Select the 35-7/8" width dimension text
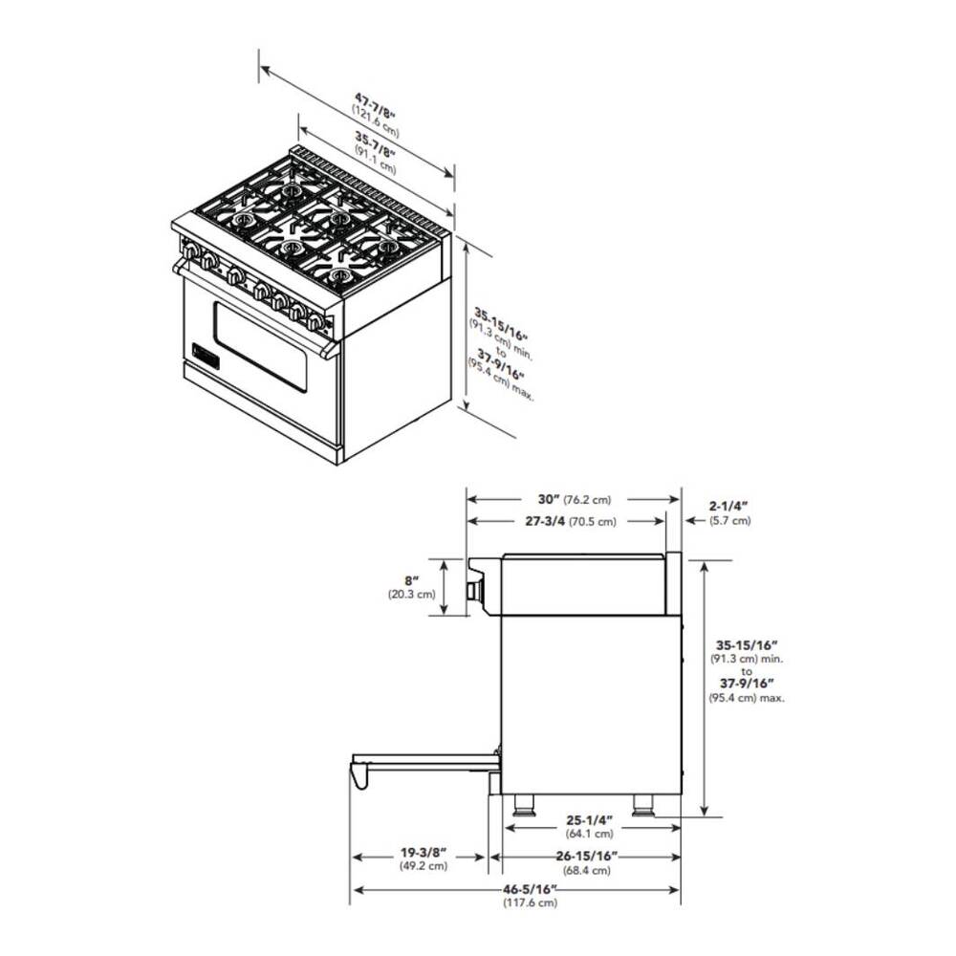click(376, 144)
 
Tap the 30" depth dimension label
click(549, 499)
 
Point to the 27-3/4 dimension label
click(545, 521)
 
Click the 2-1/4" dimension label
click(728, 506)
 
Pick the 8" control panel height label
click(412, 581)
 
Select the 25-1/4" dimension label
click(590, 820)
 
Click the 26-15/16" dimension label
click(587, 856)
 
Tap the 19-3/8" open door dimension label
click(424, 852)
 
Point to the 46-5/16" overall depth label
click(531, 889)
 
